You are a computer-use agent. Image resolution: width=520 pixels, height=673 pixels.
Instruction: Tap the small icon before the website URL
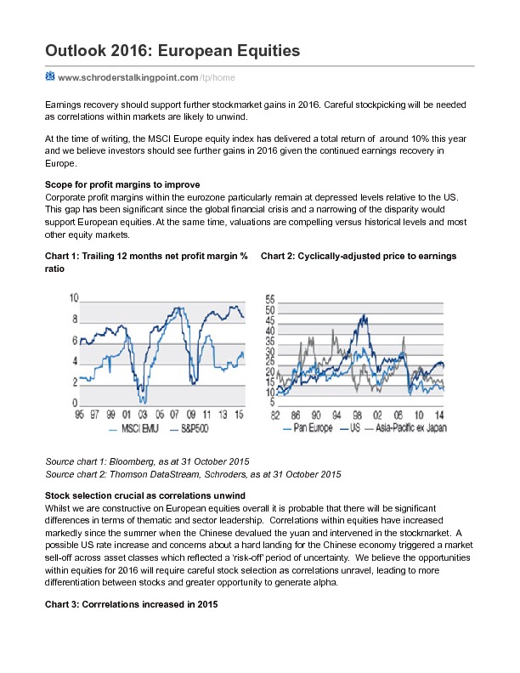click(x=50, y=76)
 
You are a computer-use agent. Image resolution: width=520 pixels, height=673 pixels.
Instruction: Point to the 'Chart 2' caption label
click(x=279, y=256)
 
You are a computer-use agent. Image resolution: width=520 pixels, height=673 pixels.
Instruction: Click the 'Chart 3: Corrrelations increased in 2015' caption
click(x=132, y=605)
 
